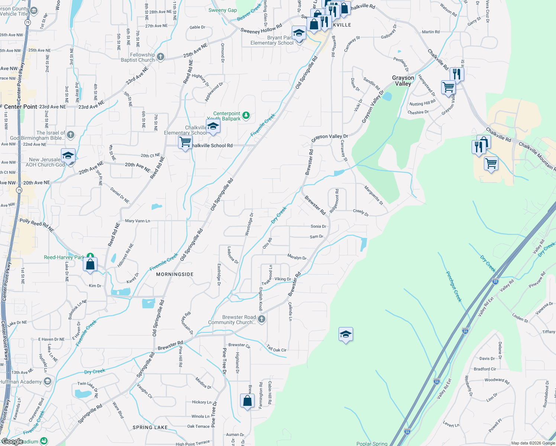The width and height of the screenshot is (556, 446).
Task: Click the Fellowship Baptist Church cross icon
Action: point(161,57)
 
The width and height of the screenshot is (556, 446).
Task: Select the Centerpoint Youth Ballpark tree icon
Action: point(246,116)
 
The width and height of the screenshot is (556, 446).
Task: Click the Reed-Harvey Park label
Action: point(64,257)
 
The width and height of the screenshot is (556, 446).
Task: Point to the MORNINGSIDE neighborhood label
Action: point(175,274)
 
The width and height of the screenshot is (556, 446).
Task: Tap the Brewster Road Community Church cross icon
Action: point(262,319)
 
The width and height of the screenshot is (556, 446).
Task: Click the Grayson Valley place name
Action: point(403,81)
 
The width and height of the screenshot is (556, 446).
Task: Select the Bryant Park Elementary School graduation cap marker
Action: point(299,33)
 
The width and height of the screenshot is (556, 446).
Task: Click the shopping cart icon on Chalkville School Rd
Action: point(185,142)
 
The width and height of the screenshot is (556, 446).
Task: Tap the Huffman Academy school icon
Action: point(47,381)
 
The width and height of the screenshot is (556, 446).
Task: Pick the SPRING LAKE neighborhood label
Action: point(150,427)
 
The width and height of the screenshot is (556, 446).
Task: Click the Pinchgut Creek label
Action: point(454,287)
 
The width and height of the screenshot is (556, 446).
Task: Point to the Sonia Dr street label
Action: point(318,226)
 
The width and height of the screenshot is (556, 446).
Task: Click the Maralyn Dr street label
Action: point(297,257)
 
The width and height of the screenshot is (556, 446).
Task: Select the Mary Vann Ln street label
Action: point(138,221)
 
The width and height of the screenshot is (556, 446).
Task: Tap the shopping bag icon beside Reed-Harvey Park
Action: point(90,265)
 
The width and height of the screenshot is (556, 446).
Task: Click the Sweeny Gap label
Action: point(223,10)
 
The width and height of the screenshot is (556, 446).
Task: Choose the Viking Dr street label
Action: point(282,279)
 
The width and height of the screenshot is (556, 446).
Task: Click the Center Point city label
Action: point(21,107)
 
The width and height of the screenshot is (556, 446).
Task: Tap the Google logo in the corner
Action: point(12,441)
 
